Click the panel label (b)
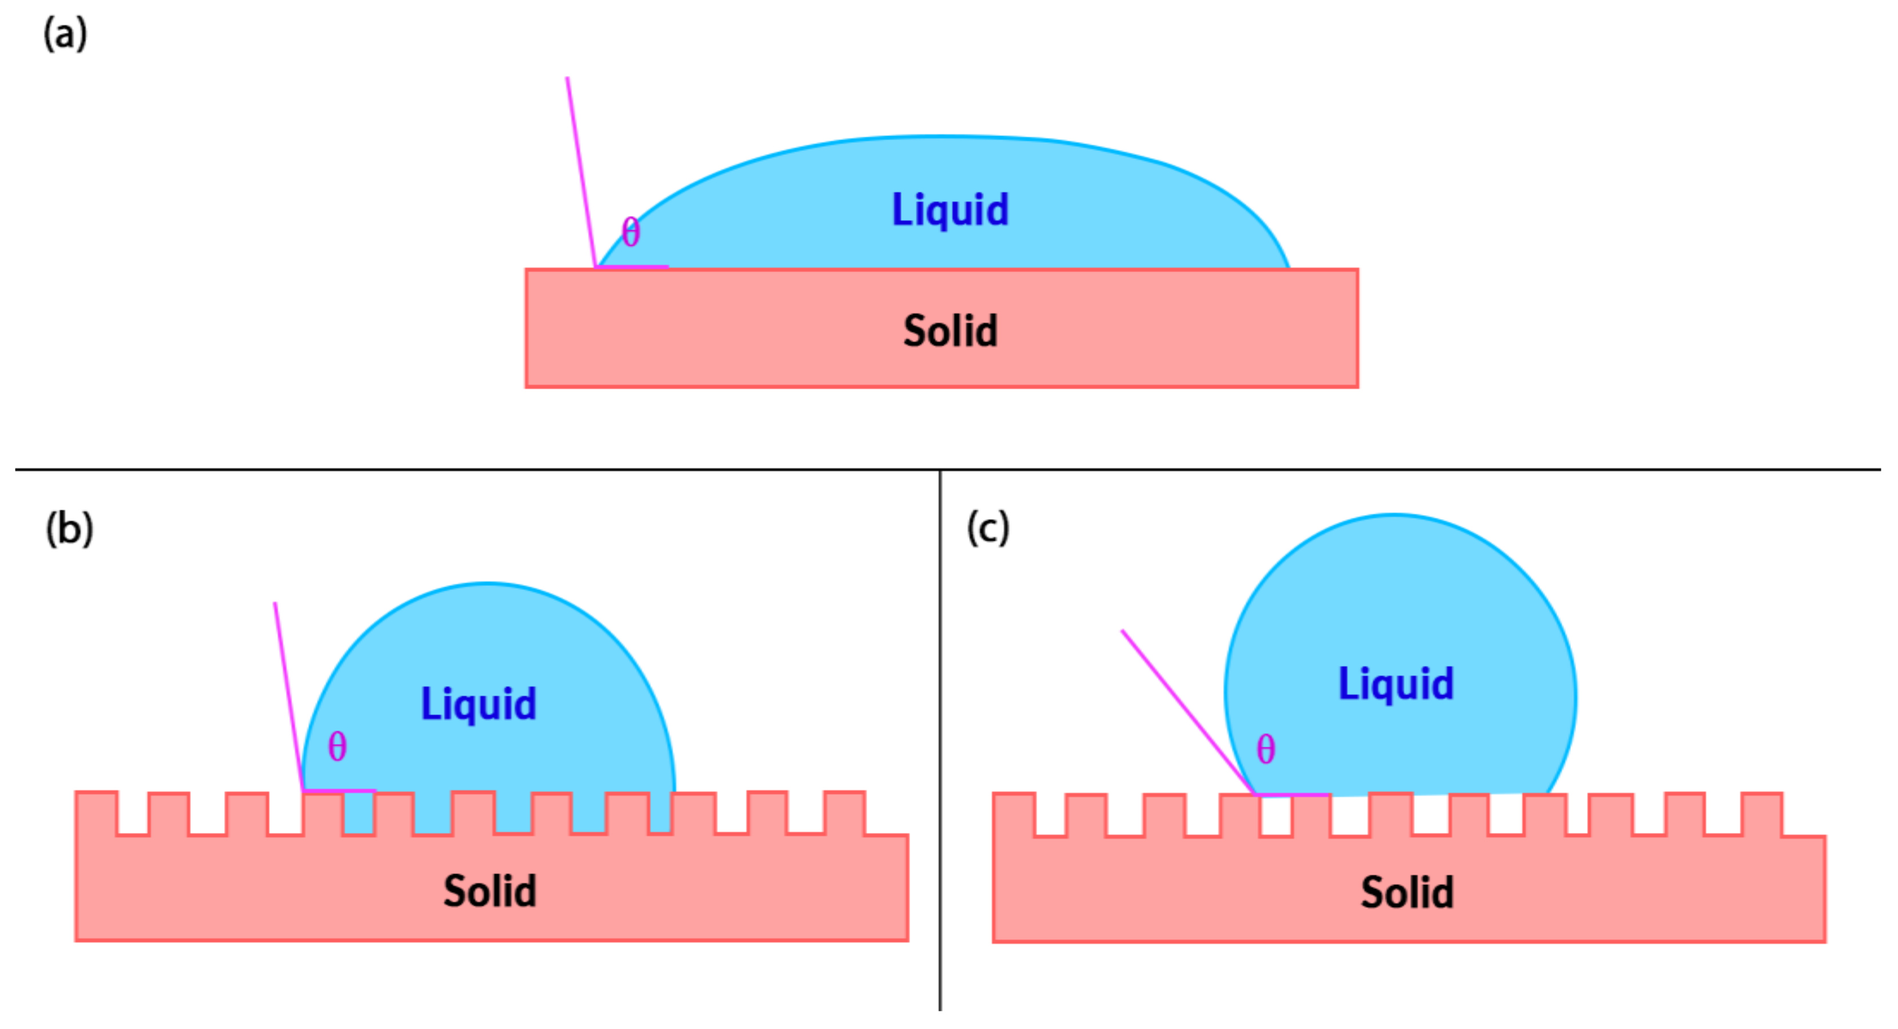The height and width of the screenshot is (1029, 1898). point(69,529)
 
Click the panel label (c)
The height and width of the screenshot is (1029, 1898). point(988,528)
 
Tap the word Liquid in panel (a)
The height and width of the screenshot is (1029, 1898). point(950,210)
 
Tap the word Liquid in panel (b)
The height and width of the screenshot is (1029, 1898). point(478,703)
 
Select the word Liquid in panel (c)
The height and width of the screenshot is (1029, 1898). point(1395,684)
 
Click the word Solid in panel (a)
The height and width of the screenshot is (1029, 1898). point(950,331)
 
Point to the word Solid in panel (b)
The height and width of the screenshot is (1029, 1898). point(490,891)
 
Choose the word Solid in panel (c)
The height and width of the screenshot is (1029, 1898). point(1406,893)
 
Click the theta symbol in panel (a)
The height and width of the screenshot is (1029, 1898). point(631,233)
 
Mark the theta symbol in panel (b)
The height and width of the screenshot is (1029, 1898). point(337,747)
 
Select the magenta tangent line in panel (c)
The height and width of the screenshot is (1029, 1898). point(1186,711)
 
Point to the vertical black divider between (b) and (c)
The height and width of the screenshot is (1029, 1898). point(940,736)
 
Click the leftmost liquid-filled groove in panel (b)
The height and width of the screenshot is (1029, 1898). point(359,812)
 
